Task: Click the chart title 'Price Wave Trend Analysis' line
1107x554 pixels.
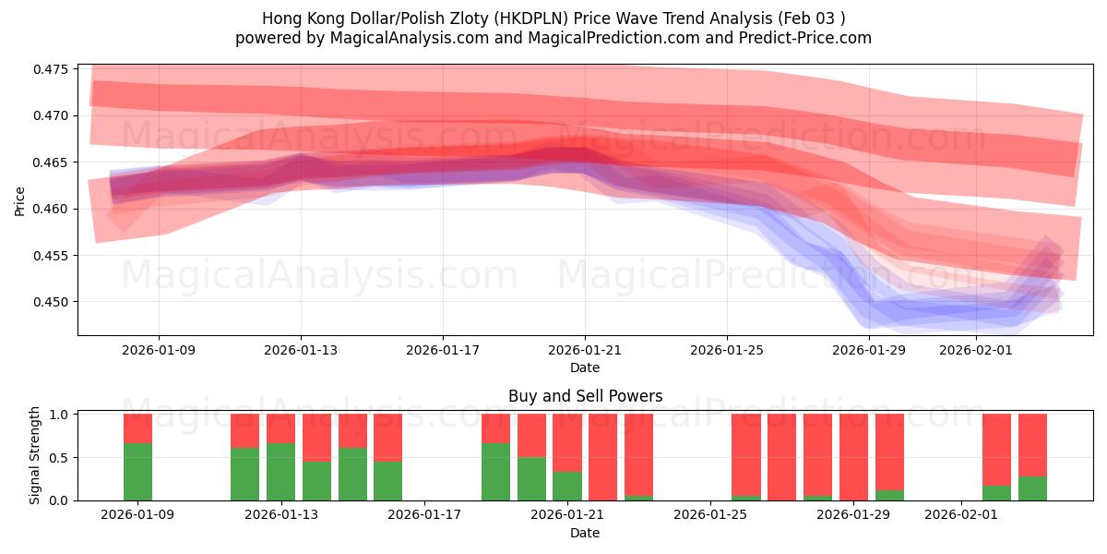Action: [x=553, y=18]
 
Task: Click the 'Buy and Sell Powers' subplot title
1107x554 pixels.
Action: [x=585, y=396]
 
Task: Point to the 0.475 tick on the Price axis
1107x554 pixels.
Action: [x=52, y=69]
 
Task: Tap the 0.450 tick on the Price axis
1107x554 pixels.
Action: [x=52, y=302]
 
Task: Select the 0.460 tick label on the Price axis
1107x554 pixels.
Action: [x=52, y=209]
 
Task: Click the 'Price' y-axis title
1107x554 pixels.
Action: [x=19, y=200]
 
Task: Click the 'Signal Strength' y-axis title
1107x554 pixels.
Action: [x=35, y=455]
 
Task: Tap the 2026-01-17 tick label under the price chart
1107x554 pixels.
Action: [x=443, y=350]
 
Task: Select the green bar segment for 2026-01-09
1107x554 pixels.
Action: [x=137, y=472]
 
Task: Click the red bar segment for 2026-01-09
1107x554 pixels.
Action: [x=137, y=428]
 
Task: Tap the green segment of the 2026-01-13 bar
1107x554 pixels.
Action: [x=280, y=472]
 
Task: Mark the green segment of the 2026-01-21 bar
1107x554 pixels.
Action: [x=566, y=486]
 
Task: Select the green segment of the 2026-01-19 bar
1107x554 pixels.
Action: [x=495, y=472]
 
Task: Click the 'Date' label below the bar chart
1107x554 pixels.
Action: [x=585, y=533]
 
